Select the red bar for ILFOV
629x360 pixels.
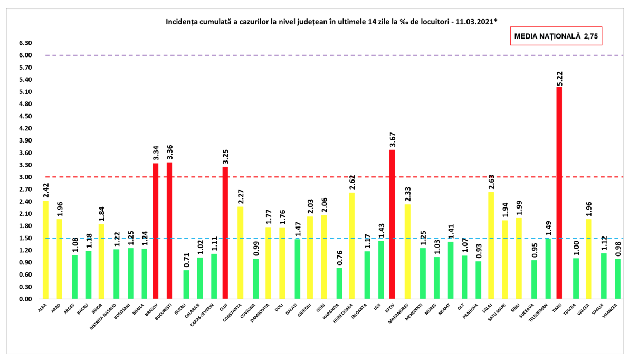point(392,224)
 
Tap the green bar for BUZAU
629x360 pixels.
point(186,285)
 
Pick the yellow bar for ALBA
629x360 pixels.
point(45,250)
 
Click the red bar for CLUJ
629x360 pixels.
point(225,233)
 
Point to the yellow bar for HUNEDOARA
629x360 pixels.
point(351,245)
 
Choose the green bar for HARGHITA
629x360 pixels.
point(339,283)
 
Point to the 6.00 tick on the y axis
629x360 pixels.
point(25,55)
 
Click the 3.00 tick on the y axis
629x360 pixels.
point(25,177)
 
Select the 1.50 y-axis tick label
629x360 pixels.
point(25,238)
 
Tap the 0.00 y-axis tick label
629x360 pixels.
point(25,299)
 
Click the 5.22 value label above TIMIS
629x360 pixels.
point(559,77)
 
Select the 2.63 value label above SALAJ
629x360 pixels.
point(492,182)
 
